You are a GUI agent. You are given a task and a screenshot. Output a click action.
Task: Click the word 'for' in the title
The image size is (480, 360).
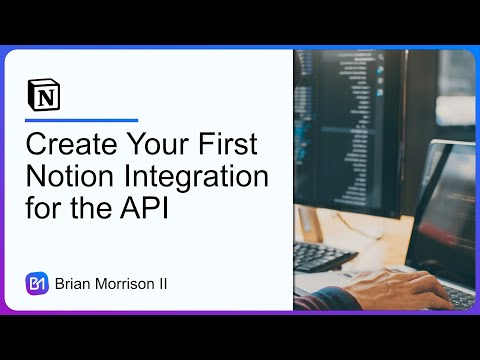[x=42, y=213]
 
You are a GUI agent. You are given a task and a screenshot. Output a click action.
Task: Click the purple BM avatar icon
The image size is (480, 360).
[x=37, y=283]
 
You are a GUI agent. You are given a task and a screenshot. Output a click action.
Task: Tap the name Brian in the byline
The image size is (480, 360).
[x=74, y=284]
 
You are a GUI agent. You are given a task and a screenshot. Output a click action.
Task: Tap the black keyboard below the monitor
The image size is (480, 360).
[x=336, y=255]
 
